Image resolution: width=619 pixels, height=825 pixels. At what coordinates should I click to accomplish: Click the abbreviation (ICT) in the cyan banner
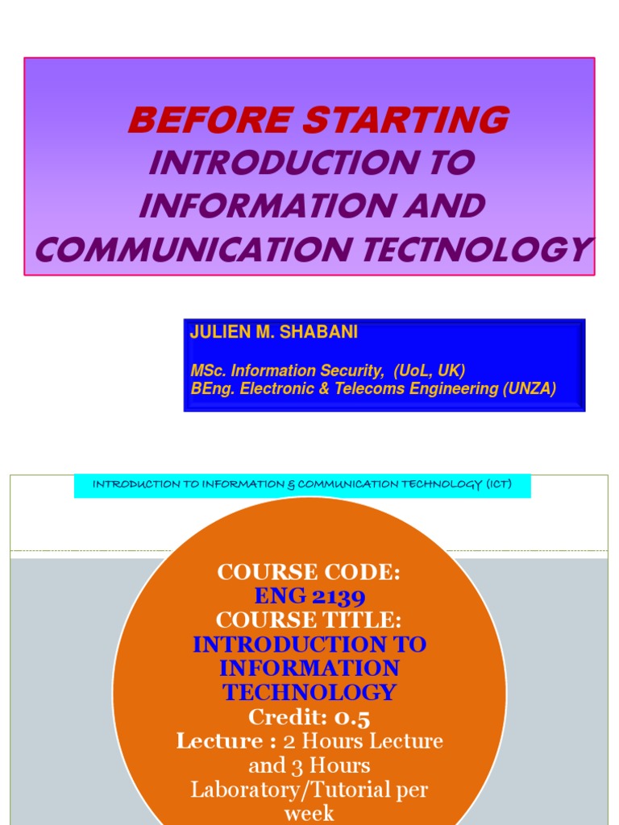(x=496, y=484)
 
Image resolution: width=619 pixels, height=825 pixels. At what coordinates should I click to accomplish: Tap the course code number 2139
(x=338, y=597)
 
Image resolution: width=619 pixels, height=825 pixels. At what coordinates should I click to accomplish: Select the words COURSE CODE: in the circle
(x=309, y=573)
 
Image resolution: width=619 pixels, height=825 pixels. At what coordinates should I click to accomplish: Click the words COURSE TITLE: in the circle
(x=309, y=620)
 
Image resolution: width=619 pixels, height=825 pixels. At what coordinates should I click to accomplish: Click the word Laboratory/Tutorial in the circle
(x=309, y=789)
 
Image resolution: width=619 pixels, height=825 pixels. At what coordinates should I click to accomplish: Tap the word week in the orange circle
(x=309, y=812)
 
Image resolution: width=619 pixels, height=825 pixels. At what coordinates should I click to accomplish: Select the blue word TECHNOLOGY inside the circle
(x=309, y=692)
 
